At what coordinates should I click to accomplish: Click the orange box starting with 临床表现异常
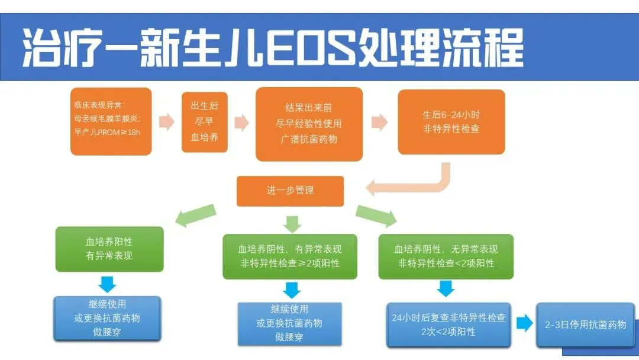pyautogui.click(x=110, y=121)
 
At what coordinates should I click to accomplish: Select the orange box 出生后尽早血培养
pyautogui.click(x=204, y=121)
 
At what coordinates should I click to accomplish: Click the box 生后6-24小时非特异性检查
pyautogui.click(x=451, y=121)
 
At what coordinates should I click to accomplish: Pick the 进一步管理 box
pyautogui.click(x=290, y=191)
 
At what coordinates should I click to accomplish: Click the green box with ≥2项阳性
pyautogui.click(x=290, y=256)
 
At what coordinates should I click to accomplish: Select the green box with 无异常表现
pyautogui.click(x=446, y=256)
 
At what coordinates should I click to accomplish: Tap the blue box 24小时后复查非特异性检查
pyautogui.click(x=448, y=324)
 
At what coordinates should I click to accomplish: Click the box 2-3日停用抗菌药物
pyautogui.click(x=585, y=324)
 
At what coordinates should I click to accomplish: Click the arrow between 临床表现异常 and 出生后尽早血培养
pyautogui.click(x=167, y=122)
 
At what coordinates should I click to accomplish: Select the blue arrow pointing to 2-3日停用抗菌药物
pyautogui.click(x=524, y=324)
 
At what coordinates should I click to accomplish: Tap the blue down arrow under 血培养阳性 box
pyautogui.click(x=107, y=284)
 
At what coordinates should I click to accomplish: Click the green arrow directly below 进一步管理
pyautogui.click(x=292, y=223)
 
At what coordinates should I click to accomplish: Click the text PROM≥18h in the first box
pyautogui.click(x=121, y=132)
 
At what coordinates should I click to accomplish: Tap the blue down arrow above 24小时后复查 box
pyautogui.click(x=446, y=288)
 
